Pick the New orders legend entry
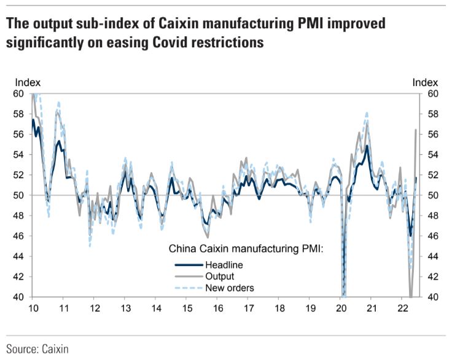click(x=230, y=288)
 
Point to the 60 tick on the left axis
click(x=19, y=94)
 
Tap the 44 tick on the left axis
click(x=19, y=256)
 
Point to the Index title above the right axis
click(x=424, y=82)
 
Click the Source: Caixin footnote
click(x=38, y=348)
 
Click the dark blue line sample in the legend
click(x=189, y=265)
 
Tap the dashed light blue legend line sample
click(x=189, y=288)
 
